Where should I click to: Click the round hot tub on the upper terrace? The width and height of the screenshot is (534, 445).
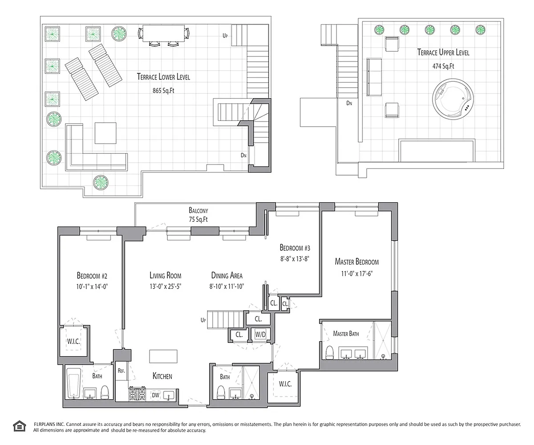(x=453, y=99)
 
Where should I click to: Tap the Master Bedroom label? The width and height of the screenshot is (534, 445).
(x=357, y=262)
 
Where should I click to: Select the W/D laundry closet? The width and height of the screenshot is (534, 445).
(x=260, y=334)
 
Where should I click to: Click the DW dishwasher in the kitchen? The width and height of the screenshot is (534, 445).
(x=155, y=395)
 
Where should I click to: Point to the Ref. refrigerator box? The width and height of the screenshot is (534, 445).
(x=121, y=371)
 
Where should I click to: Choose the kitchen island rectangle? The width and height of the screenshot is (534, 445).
(x=163, y=357)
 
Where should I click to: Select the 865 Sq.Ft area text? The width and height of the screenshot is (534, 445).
(x=163, y=91)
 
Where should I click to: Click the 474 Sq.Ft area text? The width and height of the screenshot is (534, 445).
(x=443, y=66)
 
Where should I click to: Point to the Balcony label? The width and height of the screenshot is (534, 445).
(x=198, y=210)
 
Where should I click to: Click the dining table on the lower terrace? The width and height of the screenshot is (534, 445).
(x=164, y=33)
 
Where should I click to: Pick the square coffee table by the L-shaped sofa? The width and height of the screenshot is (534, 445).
(x=105, y=133)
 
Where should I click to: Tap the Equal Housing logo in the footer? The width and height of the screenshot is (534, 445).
(x=20, y=426)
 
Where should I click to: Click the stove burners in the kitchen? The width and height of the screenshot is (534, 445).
(x=137, y=394)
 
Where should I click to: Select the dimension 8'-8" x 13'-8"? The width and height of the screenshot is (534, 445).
(x=295, y=259)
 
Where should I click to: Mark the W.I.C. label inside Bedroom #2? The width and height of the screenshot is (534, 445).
(x=73, y=341)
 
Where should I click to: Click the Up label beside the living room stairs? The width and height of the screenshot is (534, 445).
(x=203, y=320)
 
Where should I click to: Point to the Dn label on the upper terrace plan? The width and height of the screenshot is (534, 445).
(x=349, y=103)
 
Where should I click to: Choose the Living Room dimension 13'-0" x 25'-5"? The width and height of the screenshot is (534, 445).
(x=166, y=287)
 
